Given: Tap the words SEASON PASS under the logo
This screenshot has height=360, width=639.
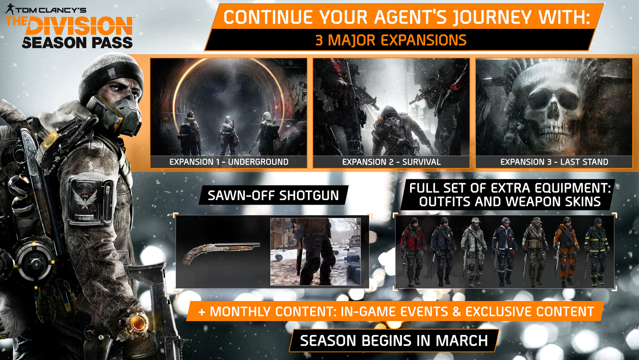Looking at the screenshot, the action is [x=77, y=43].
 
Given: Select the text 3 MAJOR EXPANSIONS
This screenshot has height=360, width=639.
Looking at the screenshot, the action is [x=391, y=40].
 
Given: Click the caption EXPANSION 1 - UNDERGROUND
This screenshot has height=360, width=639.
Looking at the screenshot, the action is [x=229, y=162].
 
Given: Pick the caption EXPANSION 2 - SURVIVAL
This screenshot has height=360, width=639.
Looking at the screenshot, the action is [x=391, y=162].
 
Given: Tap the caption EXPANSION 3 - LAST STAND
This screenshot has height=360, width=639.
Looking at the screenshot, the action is [x=554, y=162].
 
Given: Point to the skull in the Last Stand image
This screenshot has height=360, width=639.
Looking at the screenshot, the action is [x=547, y=110].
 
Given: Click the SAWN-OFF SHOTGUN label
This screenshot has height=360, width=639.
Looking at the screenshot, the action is [x=273, y=195].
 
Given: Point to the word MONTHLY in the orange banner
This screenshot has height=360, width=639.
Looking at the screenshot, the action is [x=240, y=312].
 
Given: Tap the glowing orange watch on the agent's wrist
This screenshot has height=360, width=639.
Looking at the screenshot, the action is [x=138, y=323].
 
